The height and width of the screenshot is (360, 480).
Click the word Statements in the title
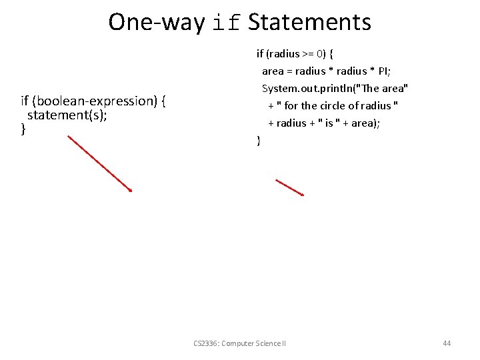pos(309,22)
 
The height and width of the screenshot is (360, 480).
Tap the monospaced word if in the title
pos(227,23)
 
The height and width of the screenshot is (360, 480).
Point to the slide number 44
pos(447,343)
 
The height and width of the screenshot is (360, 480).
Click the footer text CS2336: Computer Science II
pos(239,343)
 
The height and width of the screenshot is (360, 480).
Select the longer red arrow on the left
pos(100,163)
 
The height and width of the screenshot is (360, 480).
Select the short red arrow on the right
pos(290,187)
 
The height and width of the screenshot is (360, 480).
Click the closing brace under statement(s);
pos(23,129)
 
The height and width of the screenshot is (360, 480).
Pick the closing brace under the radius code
pos(259,140)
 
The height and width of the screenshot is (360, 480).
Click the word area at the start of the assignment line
pos(273,71)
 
